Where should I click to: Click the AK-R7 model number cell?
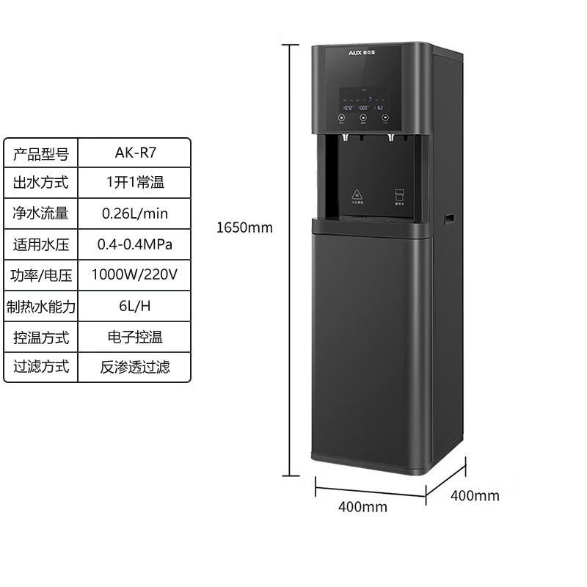(135, 153)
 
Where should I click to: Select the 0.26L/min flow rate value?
(135, 214)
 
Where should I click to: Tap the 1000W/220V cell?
(135, 275)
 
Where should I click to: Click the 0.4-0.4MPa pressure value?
(135, 244)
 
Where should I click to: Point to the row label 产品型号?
(41, 153)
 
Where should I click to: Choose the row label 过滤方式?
(41, 366)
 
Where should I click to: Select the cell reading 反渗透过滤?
(135, 366)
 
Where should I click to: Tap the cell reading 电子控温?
(135, 337)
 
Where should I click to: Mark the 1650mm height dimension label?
(244, 227)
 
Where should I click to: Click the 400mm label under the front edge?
(362, 507)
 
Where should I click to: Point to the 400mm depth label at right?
(474, 495)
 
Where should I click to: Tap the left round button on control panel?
(343, 116)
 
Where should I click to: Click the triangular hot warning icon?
(357, 194)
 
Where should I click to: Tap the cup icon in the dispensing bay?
(399, 195)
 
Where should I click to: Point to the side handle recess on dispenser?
(449, 218)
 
